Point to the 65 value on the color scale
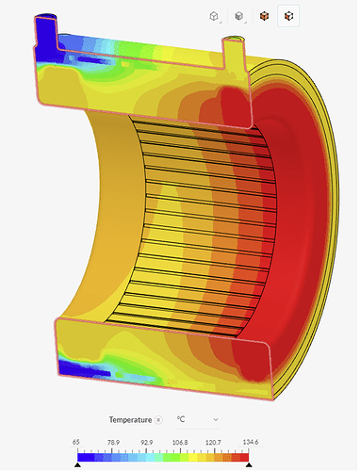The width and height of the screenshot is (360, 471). click(x=77, y=440)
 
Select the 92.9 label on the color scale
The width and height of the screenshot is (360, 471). click(x=145, y=440)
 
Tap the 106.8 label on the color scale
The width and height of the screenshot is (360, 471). click(x=180, y=440)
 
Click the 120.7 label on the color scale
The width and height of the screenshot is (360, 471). click(x=214, y=440)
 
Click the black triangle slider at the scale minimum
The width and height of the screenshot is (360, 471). click(x=77, y=463)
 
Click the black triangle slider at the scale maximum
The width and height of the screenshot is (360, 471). click(x=248, y=463)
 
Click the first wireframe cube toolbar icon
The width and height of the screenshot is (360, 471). click(x=215, y=16)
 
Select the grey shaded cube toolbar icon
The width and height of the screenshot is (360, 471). click(x=240, y=16)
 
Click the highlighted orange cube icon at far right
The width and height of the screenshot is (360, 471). click(x=291, y=16)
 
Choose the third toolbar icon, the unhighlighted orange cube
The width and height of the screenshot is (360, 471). click(x=266, y=16)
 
